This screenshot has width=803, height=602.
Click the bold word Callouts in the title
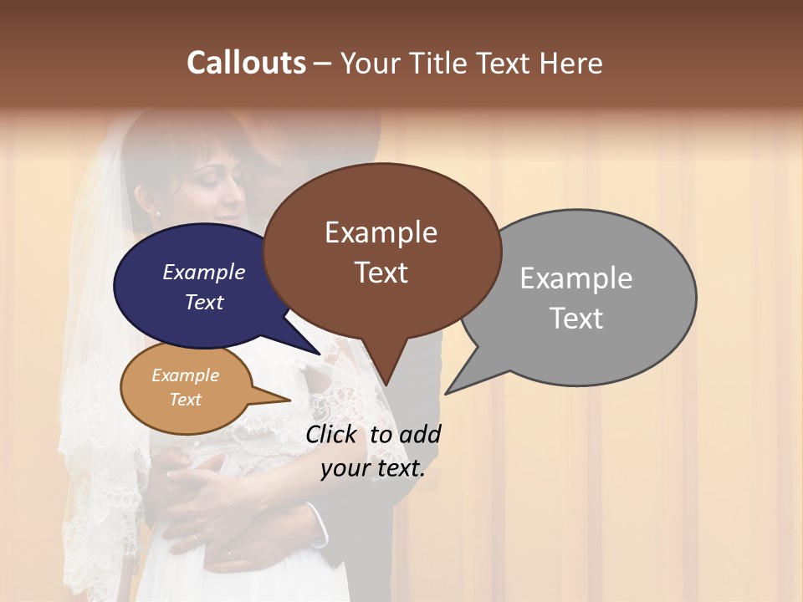[246, 63]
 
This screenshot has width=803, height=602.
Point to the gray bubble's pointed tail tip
[446, 393]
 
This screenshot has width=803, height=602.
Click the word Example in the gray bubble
[575, 278]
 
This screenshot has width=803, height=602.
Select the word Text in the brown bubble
[381, 273]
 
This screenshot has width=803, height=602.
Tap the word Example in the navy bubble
[203, 272]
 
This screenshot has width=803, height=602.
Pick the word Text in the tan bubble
[185, 400]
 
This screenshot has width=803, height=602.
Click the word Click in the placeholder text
[333, 434]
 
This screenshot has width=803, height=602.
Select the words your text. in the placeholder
[372, 468]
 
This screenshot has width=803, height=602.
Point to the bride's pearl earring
[156, 214]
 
